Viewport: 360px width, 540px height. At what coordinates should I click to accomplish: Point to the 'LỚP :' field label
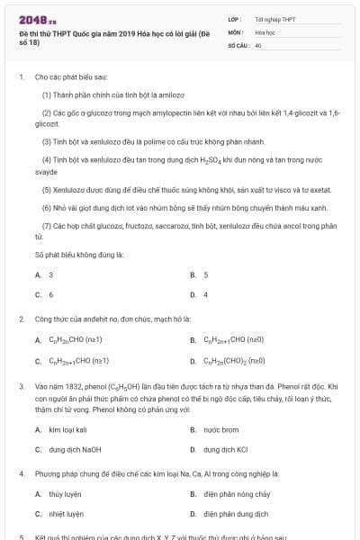(x=235, y=18)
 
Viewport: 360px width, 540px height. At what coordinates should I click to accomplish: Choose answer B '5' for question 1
(x=205, y=274)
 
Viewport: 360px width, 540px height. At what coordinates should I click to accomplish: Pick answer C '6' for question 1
(x=50, y=294)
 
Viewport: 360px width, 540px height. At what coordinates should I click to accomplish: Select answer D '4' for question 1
(x=205, y=294)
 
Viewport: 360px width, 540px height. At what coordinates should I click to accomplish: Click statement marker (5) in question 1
(x=47, y=190)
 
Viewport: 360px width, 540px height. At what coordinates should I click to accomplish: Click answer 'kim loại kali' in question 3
(x=67, y=429)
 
